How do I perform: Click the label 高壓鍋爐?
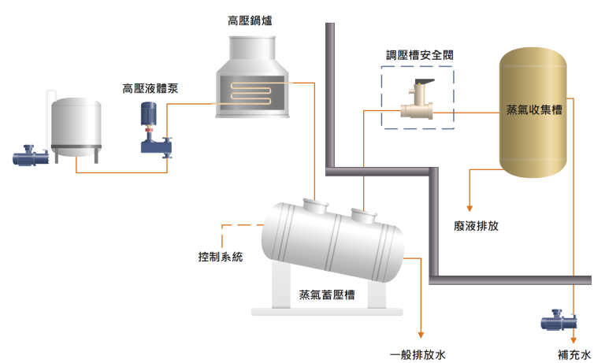coord(250,20)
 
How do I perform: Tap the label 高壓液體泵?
coord(150,88)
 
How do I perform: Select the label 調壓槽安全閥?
coord(420,55)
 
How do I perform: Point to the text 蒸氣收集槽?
coord(534,110)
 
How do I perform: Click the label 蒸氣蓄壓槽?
coord(327,294)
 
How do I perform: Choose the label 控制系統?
coord(221,257)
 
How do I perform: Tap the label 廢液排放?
coord(476,226)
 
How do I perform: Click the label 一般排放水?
coord(418,354)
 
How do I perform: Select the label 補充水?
coord(574,354)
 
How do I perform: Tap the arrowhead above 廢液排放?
coord(470,209)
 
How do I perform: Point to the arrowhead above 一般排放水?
coord(421,335)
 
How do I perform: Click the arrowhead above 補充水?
coord(573,340)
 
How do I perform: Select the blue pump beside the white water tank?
coord(31,155)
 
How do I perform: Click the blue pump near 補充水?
coord(559,320)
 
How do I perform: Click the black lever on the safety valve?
coord(425,83)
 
